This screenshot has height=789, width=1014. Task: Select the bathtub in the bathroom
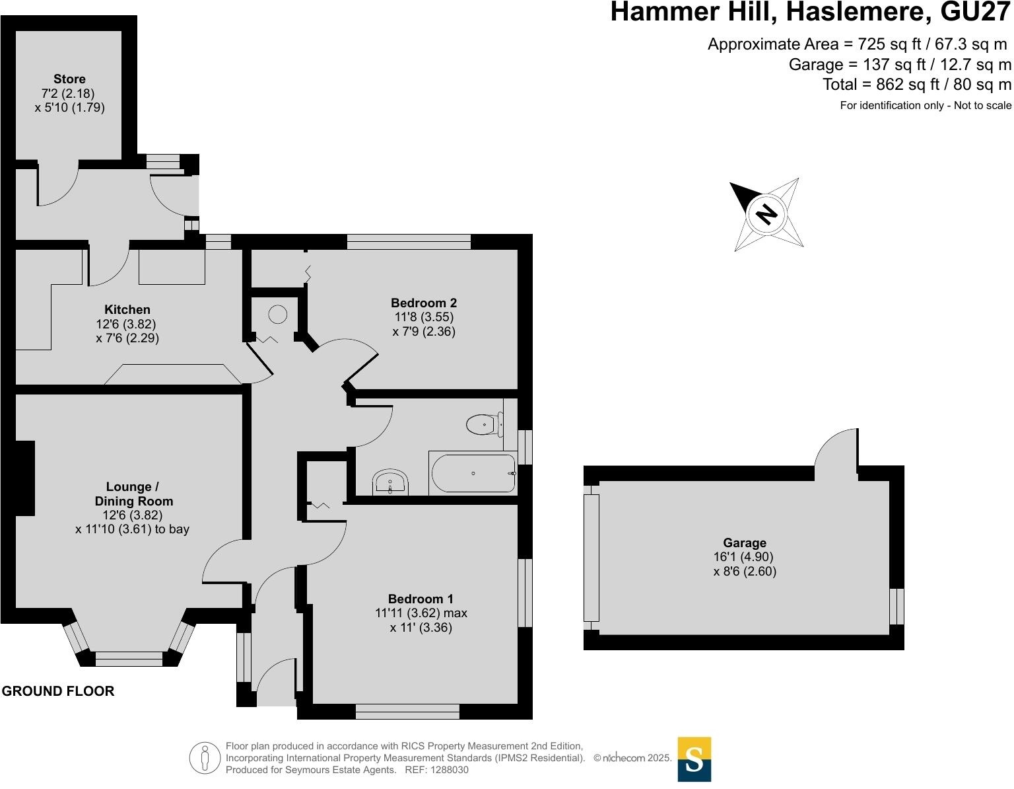[473, 473]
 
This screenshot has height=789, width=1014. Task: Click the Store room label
[69, 79]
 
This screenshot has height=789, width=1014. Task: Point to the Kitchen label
[127, 310]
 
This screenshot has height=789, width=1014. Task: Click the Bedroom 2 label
[424, 303]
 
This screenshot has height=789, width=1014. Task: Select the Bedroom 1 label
[421, 599]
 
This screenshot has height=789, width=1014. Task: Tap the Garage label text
[744, 543]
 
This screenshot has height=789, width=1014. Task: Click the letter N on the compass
[766, 214]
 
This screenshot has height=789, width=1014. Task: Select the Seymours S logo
[694, 759]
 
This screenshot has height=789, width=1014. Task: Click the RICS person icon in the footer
[205, 758]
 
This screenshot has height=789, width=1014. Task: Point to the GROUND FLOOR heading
[58, 691]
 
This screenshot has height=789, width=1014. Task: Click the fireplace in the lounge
[25, 478]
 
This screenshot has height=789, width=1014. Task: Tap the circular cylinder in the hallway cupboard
[278, 315]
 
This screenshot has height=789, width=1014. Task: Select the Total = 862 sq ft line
[916, 85]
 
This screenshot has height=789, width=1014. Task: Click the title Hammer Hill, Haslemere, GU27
[810, 13]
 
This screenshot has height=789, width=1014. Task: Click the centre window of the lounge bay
[129, 658]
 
